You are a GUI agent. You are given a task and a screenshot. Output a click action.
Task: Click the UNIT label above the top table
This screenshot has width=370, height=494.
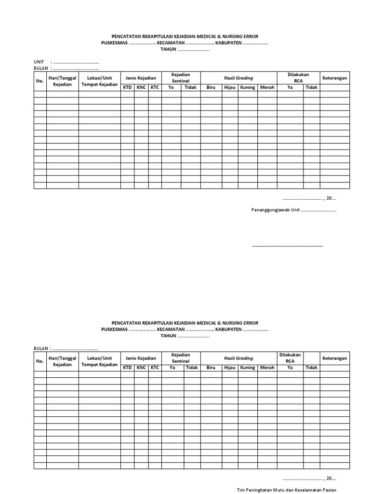pyautogui.click(x=39, y=62)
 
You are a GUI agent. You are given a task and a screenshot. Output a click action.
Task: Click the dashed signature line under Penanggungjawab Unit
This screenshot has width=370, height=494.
pyautogui.click(x=287, y=246)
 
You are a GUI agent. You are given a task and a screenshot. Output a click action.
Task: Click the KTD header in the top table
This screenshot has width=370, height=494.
pyautogui.click(x=127, y=87)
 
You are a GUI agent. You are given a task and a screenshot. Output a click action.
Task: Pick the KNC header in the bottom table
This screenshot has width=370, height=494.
pyautogui.click(x=141, y=368)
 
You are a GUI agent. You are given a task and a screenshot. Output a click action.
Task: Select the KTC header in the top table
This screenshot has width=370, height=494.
pyautogui.click(x=155, y=87)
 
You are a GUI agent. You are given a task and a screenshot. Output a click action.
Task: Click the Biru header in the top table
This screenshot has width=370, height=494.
pyautogui.click(x=211, y=87)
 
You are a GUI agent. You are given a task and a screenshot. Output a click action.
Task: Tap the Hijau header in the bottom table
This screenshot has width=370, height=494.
pyautogui.click(x=229, y=368)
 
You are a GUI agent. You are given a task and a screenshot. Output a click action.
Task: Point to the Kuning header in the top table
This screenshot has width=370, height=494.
pyautogui.click(x=248, y=87)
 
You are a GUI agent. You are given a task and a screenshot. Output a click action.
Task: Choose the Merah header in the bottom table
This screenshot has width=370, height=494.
pyautogui.click(x=267, y=368)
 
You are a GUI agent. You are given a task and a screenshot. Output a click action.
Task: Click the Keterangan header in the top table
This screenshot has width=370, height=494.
pyautogui.click(x=334, y=78)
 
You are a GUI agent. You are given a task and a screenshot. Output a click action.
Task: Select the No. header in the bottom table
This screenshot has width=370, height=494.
pyautogui.click(x=40, y=361)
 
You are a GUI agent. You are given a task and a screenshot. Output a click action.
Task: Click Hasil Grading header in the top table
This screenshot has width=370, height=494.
pyautogui.click(x=238, y=78)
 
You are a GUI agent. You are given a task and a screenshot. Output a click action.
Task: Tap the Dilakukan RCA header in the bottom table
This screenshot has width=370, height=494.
pyautogui.click(x=290, y=357)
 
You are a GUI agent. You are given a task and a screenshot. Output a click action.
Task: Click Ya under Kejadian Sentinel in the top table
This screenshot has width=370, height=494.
pyautogui.click(x=171, y=87)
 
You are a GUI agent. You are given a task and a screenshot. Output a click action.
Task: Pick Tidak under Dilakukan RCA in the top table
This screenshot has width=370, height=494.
pyautogui.click(x=311, y=87)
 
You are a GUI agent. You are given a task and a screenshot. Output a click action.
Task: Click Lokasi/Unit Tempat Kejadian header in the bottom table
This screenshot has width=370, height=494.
pyautogui.click(x=99, y=361)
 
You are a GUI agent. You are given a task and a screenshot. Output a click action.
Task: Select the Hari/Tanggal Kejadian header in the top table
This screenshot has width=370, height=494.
pyautogui.click(x=62, y=81)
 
